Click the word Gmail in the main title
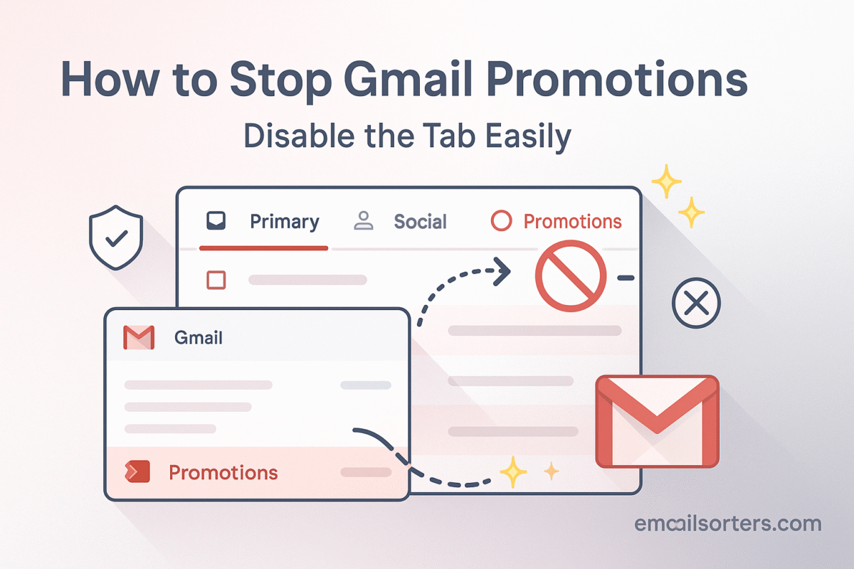click(x=408, y=79)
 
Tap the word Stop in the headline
click(x=281, y=82)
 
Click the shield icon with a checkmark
click(x=116, y=238)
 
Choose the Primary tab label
click(x=285, y=222)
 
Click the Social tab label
click(x=420, y=221)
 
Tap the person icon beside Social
click(x=364, y=220)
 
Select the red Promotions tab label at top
click(x=572, y=221)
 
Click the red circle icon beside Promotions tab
click(x=501, y=220)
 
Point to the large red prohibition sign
click(x=570, y=275)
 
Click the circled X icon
click(x=696, y=303)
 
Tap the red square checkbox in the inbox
click(x=216, y=280)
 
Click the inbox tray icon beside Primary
click(x=216, y=220)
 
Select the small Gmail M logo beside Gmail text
click(x=139, y=337)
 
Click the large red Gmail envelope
click(x=658, y=421)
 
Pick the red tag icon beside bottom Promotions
click(x=137, y=472)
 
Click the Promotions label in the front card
click(x=223, y=472)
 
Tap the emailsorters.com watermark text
click(x=728, y=523)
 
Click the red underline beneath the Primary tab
click(x=263, y=248)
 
